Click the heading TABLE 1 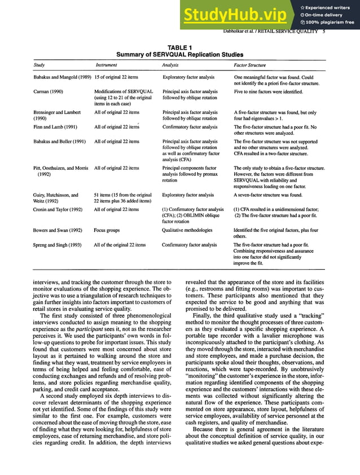pyautogui.click(x=180, y=49)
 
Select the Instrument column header pyautogui.click(x=106, y=65)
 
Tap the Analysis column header pyautogui.click(x=170, y=65)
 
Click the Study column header pyautogui.click(x=39, y=65)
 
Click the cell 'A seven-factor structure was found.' pyautogui.click(x=269, y=195)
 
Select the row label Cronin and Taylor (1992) pyautogui.click(x=58, y=209)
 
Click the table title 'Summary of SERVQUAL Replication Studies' pyautogui.click(x=180, y=55)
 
